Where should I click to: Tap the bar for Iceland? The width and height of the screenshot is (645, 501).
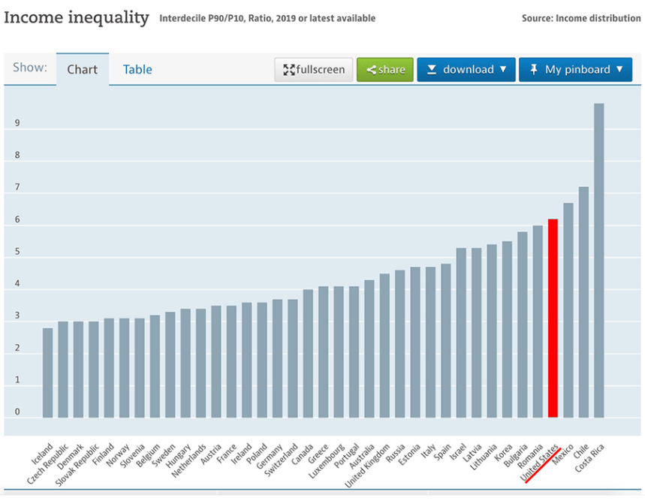click(48, 372)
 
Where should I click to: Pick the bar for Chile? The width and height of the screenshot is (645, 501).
click(583, 301)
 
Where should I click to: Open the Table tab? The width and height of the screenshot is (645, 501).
click(137, 70)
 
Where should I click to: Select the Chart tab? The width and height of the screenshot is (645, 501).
click(83, 70)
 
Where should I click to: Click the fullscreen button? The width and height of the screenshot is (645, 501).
click(314, 70)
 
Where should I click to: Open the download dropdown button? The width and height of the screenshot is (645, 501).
click(466, 70)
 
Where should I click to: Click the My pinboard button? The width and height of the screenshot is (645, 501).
click(575, 70)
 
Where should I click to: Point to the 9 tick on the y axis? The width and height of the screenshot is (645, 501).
click(17, 124)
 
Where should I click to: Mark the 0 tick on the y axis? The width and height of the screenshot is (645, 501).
click(17, 412)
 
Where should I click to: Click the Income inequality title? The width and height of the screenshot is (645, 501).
click(77, 17)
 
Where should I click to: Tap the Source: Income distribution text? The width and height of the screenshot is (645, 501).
click(580, 18)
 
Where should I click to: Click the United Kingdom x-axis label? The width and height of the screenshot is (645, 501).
click(368, 465)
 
